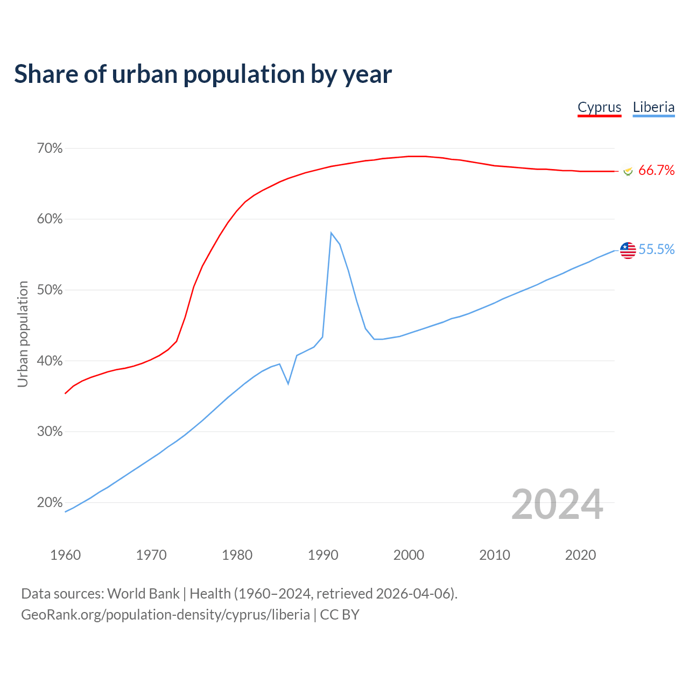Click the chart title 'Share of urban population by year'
tap(203, 74)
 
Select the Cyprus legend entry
tap(599, 107)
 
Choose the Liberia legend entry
tap(653, 107)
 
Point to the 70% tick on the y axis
tap(50, 148)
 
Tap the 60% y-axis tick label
tap(50, 219)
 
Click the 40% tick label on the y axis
tap(50, 361)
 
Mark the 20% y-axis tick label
tap(50, 502)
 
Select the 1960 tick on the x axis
tap(65, 555)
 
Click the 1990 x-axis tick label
tap(323, 555)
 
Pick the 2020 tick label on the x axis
tap(580, 555)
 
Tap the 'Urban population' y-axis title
tap(23, 334)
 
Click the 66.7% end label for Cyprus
tap(656, 171)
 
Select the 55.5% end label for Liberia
tap(656, 249)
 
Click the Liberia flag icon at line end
tap(628, 250)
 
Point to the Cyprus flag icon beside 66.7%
tap(628, 171)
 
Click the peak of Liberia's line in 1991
tap(331, 233)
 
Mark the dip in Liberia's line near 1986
tap(289, 383)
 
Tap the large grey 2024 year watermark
tap(557, 504)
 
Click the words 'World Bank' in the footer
tap(143, 594)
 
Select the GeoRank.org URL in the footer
tap(165, 615)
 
